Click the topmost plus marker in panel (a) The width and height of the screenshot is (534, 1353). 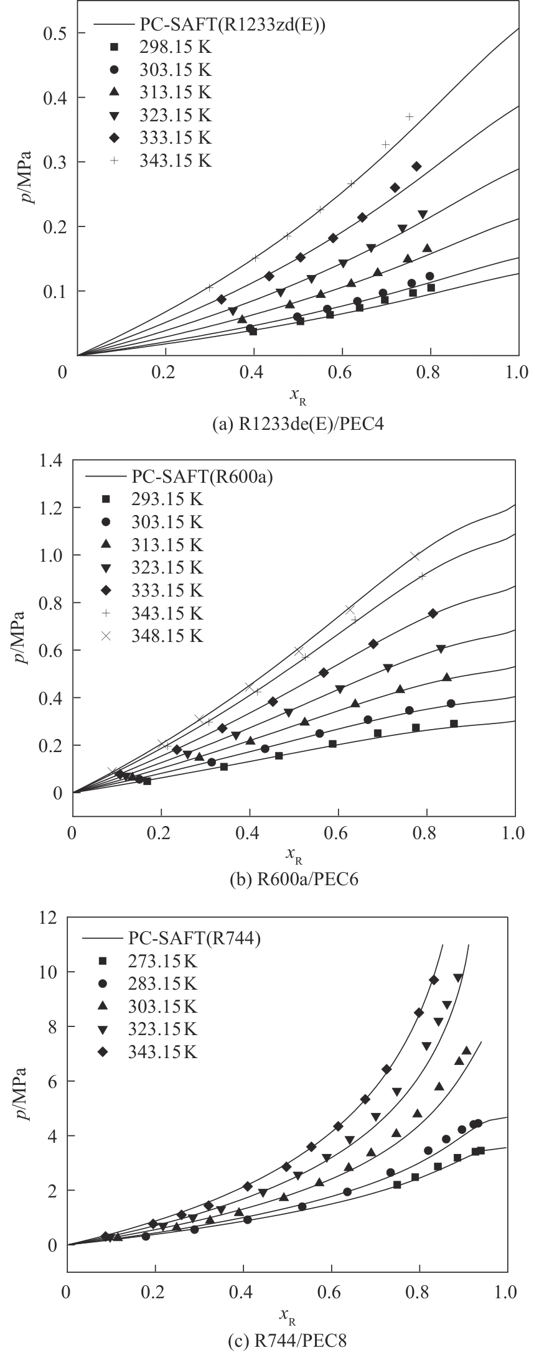click(x=410, y=116)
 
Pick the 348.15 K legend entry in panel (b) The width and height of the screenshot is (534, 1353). click(x=167, y=636)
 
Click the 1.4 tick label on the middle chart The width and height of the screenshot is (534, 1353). click(x=50, y=461)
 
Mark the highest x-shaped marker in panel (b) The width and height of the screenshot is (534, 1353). click(x=415, y=556)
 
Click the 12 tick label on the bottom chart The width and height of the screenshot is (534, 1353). click(x=47, y=917)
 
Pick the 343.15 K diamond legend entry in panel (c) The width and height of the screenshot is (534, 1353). click(x=164, y=1053)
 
